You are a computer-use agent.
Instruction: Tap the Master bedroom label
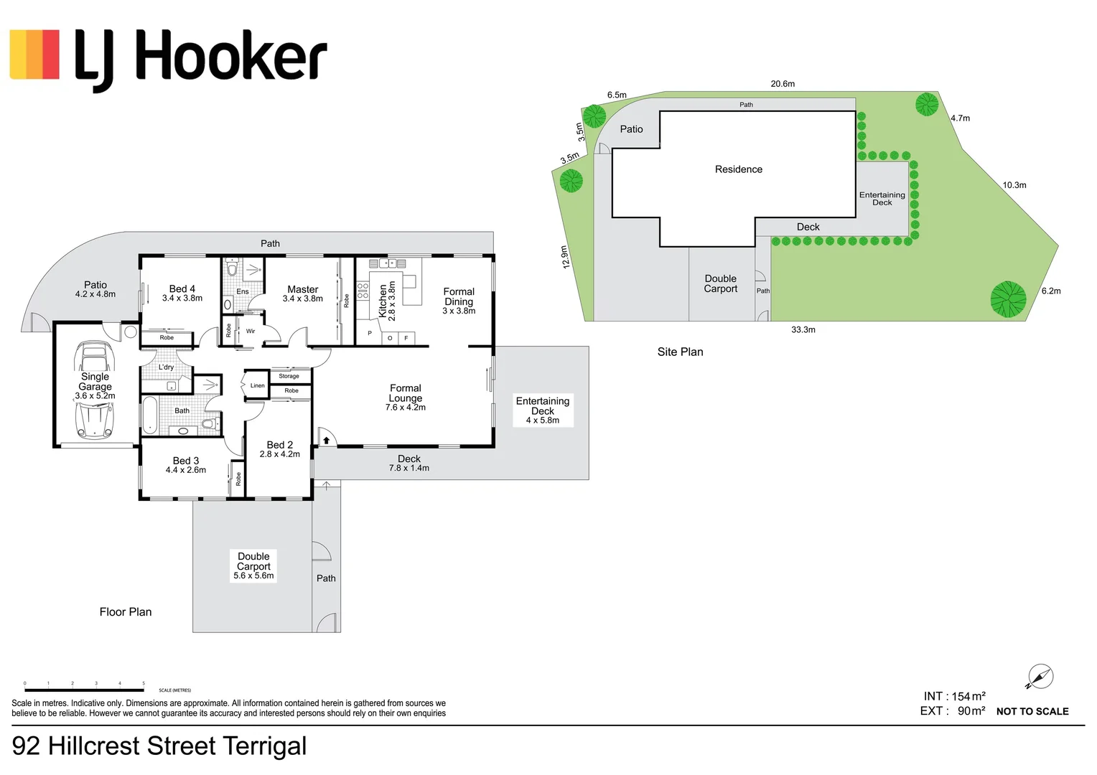click(x=302, y=289)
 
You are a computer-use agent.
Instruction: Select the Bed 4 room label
click(x=182, y=288)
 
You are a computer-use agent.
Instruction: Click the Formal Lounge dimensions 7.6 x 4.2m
click(x=405, y=408)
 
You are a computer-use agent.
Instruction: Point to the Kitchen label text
click(x=383, y=301)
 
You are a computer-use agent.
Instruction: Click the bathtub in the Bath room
click(x=149, y=415)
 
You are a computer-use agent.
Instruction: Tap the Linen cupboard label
click(x=257, y=385)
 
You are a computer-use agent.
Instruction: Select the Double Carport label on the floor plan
click(x=253, y=561)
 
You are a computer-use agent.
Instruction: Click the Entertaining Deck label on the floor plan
click(x=542, y=406)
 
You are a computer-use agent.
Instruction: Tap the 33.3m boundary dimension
click(x=803, y=329)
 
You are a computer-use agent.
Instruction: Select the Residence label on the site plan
click(x=738, y=169)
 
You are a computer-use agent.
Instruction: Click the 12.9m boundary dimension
click(x=565, y=257)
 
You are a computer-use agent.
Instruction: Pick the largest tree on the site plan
click(x=1007, y=299)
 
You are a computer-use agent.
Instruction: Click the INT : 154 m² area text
click(x=953, y=696)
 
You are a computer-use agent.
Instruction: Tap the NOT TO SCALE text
click(x=1032, y=711)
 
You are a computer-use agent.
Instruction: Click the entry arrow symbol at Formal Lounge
click(x=325, y=440)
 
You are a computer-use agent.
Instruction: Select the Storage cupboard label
click(x=289, y=376)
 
